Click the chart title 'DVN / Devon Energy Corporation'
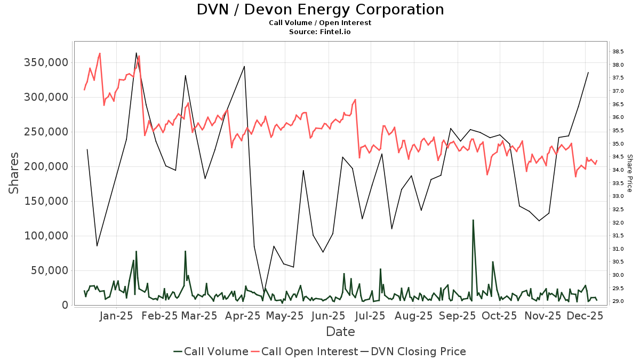click(x=320, y=10)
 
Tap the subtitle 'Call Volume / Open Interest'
click(x=320, y=23)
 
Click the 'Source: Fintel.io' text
click(x=320, y=32)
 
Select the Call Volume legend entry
click(x=211, y=351)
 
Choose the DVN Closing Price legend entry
click(x=413, y=351)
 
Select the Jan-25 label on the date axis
click(x=116, y=316)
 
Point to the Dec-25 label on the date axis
click(x=586, y=316)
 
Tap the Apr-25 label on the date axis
click(x=243, y=316)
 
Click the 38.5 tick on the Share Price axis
click(x=618, y=52)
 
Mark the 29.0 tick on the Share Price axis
click(x=618, y=301)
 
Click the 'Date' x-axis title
click(x=340, y=332)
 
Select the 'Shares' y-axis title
click(x=14, y=173)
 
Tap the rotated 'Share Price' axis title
click(x=629, y=173)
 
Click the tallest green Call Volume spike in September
click(x=473, y=220)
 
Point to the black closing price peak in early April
click(x=244, y=67)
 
